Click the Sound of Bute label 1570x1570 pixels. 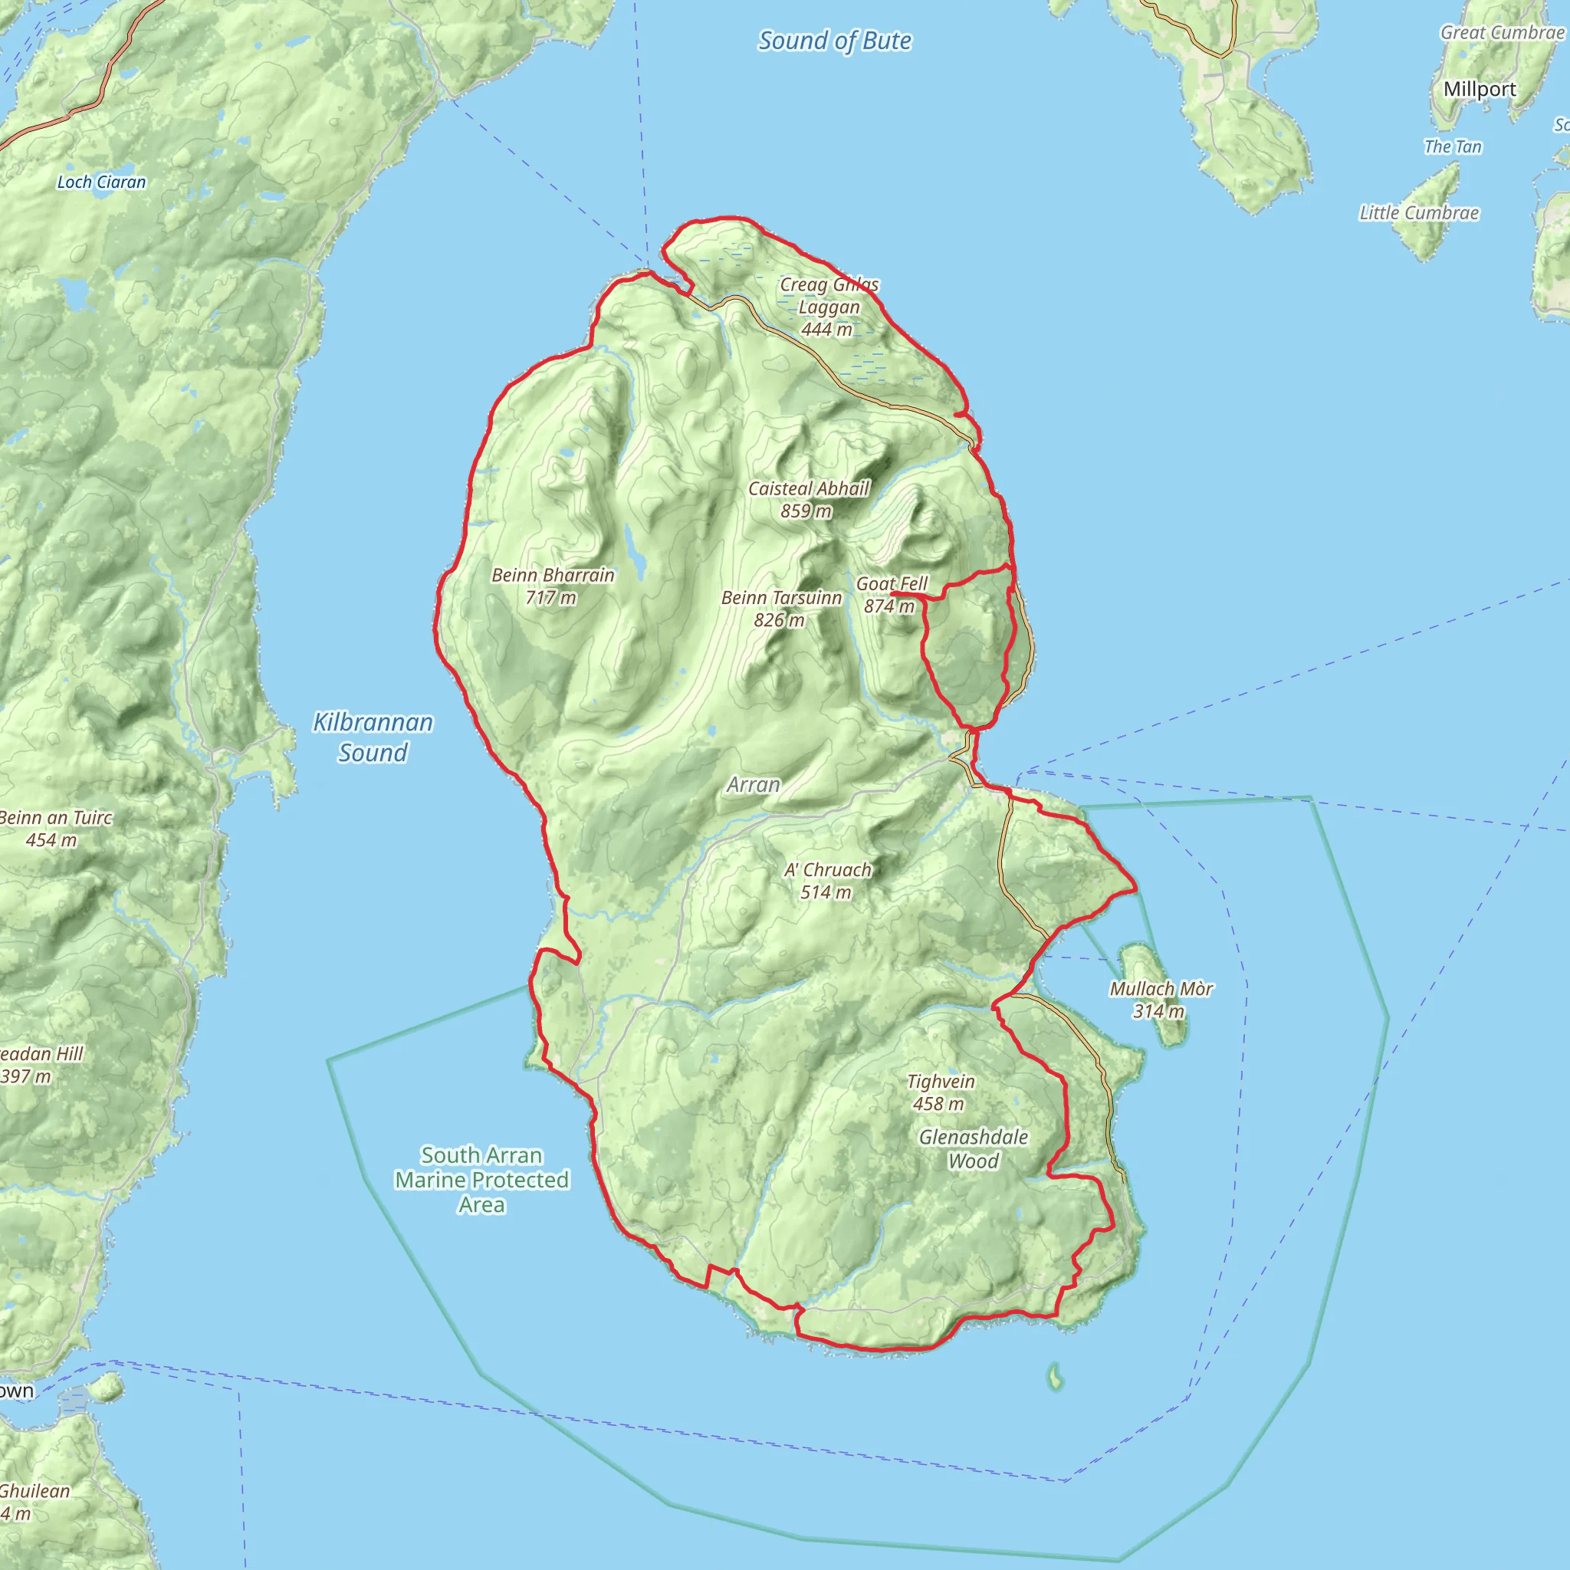(x=835, y=41)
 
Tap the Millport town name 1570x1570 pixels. (x=1479, y=89)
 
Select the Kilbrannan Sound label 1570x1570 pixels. (x=373, y=737)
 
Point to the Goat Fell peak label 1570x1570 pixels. (x=891, y=594)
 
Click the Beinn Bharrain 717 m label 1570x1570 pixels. (x=553, y=586)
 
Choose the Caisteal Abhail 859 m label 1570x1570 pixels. (x=808, y=499)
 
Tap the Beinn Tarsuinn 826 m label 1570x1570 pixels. (x=781, y=608)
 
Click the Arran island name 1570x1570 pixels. (x=754, y=784)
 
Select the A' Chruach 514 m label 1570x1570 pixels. (x=827, y=880)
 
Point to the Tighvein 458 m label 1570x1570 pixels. (x=940, y=1092)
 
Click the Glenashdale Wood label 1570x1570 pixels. (x=974, y=1148)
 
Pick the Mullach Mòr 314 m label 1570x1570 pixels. (x=1161, y=999)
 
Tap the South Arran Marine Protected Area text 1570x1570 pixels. (x=482, y=1179)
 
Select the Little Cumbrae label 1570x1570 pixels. (x=1419, y=213)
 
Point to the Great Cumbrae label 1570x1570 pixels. (x=1502, y=32)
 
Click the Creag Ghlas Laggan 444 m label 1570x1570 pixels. (x=829, y=307)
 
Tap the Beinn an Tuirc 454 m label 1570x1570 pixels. (x=54, y=828)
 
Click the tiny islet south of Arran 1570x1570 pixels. (x=1055, y=1376)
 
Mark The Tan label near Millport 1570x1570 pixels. (x=1452, y=147)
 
